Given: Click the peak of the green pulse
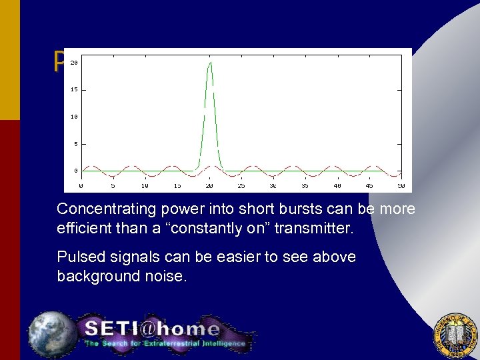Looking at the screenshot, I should point(210,63).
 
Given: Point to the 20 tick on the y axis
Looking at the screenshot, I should point(74,63).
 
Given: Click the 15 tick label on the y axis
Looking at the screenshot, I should point(74,89).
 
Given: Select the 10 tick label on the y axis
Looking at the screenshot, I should point(74,117).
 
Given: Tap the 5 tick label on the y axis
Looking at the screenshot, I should point(75,143).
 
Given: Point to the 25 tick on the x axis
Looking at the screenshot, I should point(241,186).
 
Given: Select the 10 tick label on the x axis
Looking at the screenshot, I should point(145,186).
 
